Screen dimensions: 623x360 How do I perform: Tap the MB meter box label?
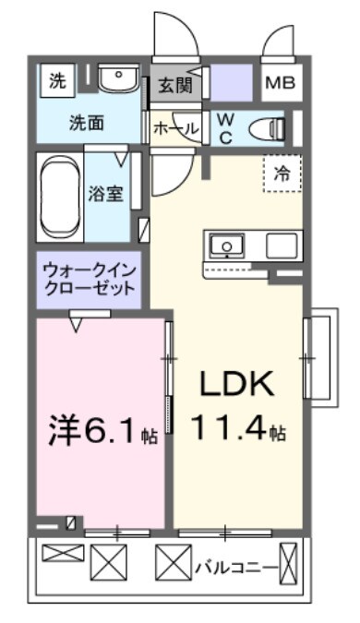pos(281,83)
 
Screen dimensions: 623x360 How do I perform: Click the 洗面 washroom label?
pos(85,121)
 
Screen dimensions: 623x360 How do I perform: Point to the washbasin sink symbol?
pos(116,81)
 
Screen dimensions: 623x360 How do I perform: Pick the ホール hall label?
pos(174,128)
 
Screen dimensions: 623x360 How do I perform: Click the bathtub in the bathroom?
pos(60,196)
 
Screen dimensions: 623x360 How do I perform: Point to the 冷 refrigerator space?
pos(282,172)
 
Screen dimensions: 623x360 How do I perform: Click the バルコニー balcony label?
pos(235,563)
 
